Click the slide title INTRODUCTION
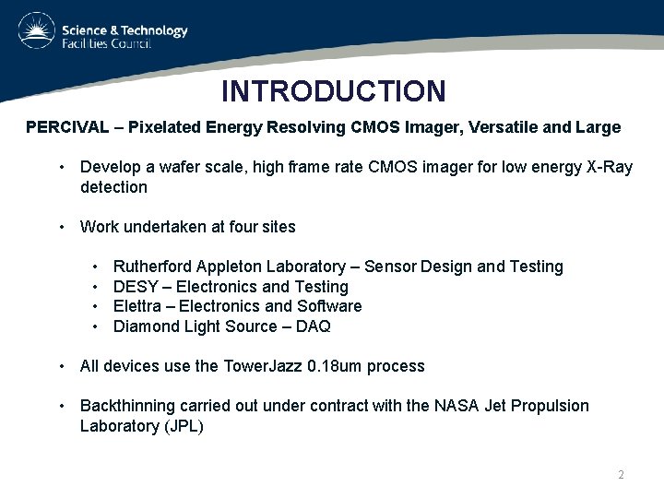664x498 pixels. coord(333,91)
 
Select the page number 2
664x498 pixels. coord(621,475)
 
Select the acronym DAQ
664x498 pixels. coord(314,326)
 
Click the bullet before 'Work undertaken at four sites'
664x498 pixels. coord(61,227)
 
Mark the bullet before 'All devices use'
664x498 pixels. coord(61,366)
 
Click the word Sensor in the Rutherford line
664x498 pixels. coord(390,267)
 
